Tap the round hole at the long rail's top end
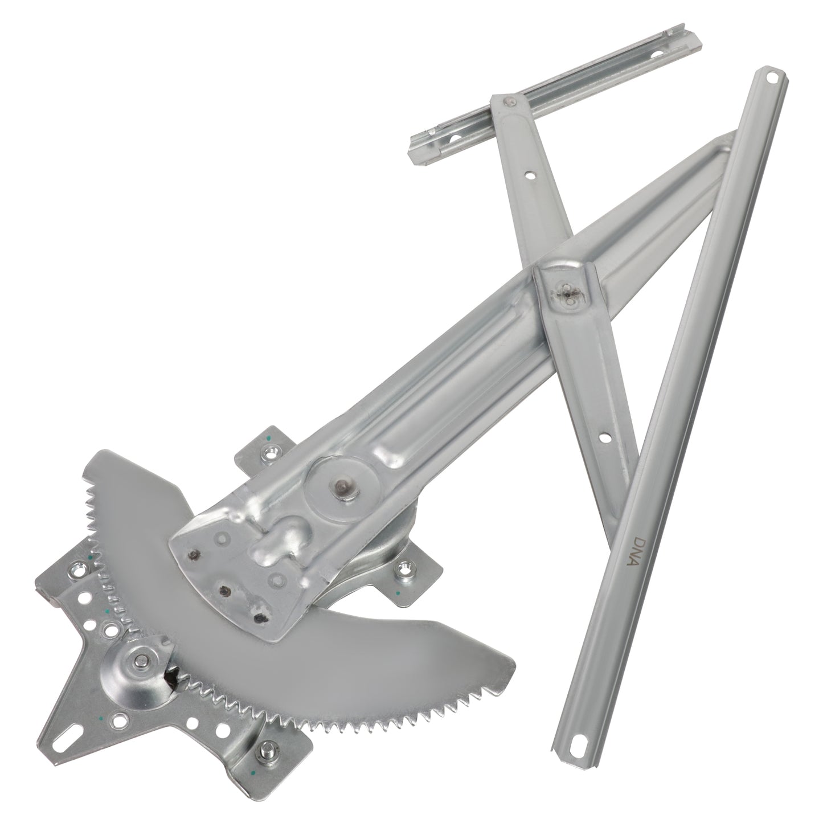(x=773, y=76)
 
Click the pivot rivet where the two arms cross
(x=567, y=292)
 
